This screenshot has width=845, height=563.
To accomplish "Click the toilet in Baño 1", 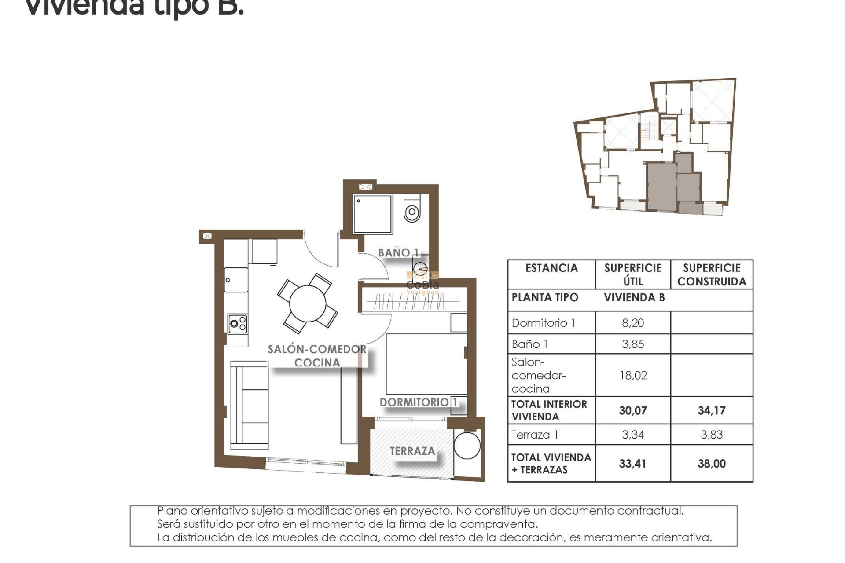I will [x=412, y=210].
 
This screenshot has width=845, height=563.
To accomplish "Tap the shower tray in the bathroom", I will [x=372, y=214].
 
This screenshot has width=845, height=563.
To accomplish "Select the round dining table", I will [x=308, y=303].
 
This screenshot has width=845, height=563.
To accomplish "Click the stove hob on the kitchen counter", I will [x=238, y=324].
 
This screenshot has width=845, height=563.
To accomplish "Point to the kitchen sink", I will [x=236, y=280].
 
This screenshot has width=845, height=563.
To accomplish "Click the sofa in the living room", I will [x=250, y=405].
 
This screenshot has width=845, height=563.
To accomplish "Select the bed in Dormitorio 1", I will [x=426, y=364].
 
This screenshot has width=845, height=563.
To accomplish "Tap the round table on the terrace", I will [x=467, y=446].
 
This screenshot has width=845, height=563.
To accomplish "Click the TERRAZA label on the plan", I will [x=412, y=451].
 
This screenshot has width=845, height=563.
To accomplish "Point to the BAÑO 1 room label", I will [x=398, y=253].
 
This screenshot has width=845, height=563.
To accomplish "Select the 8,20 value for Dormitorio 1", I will [x=633, y=323].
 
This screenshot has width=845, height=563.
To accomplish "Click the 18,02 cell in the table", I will [x=633, y=375].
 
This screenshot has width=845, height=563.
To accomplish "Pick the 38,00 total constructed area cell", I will [x=712, y=464].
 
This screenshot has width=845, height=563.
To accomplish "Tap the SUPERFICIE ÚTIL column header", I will [x=633, y=274].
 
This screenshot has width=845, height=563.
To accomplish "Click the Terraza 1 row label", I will [x=535, y=435].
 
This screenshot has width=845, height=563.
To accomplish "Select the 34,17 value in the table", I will [x=712, y=411].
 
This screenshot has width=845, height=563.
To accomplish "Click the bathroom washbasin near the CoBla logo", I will [x=420, y=268].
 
